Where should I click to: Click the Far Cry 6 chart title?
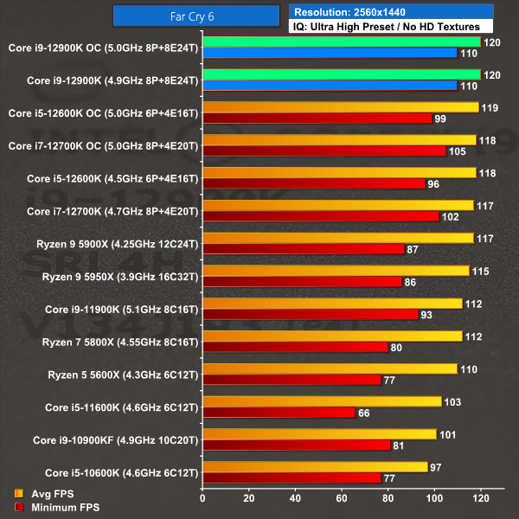coord(198,16)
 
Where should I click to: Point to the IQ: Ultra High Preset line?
coord(386,28)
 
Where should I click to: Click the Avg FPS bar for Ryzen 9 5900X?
coord(337,238)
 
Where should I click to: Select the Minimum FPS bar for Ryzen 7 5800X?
coord(295,347)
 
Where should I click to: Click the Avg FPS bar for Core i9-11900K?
coord(331,303)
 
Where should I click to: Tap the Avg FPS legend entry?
coord(46,494)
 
